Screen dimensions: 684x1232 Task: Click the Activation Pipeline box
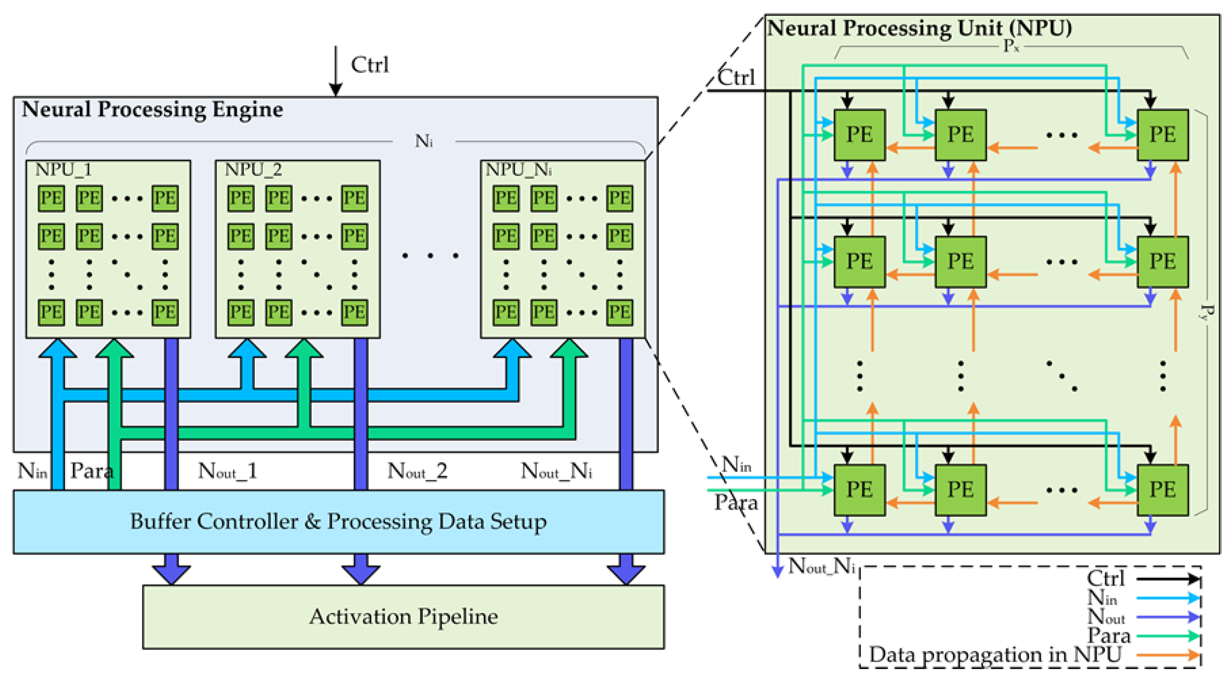click(403, 617)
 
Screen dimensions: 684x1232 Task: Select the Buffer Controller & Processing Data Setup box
click(338, 522)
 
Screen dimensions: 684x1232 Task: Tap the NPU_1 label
click(64, 170)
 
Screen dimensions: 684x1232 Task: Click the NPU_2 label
click(253, 170)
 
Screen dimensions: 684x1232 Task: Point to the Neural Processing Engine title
click(152, 110)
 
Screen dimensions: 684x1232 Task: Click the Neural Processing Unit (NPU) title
click(919, 28)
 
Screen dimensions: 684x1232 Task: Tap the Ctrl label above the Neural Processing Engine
click(370, 65)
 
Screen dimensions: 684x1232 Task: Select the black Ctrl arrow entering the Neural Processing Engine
click(336, 72)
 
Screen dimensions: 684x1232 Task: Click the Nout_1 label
click(227, 471)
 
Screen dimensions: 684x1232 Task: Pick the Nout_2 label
click(417, 471)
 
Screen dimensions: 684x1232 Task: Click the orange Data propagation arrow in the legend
click(1168, 655)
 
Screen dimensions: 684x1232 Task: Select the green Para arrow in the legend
click(1168, 636)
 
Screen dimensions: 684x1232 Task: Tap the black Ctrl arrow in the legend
click(1168, 579)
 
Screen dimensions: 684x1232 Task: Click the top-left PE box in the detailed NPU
click(859, 134)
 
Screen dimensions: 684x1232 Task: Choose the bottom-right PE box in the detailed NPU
click(1162, 490)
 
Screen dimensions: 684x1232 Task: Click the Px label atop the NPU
click(1011, 47)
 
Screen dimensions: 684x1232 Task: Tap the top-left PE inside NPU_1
click(51, 198)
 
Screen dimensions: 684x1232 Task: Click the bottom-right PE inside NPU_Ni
click(619, 312)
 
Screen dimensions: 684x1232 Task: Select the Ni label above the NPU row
click(424, 141)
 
